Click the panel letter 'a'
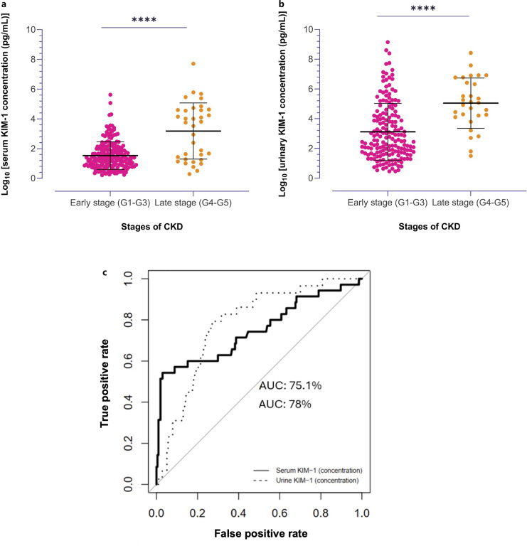pos(4,4)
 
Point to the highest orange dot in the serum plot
pos(193,64)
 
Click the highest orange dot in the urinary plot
pos(471,53)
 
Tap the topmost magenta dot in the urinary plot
pos(388,43)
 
